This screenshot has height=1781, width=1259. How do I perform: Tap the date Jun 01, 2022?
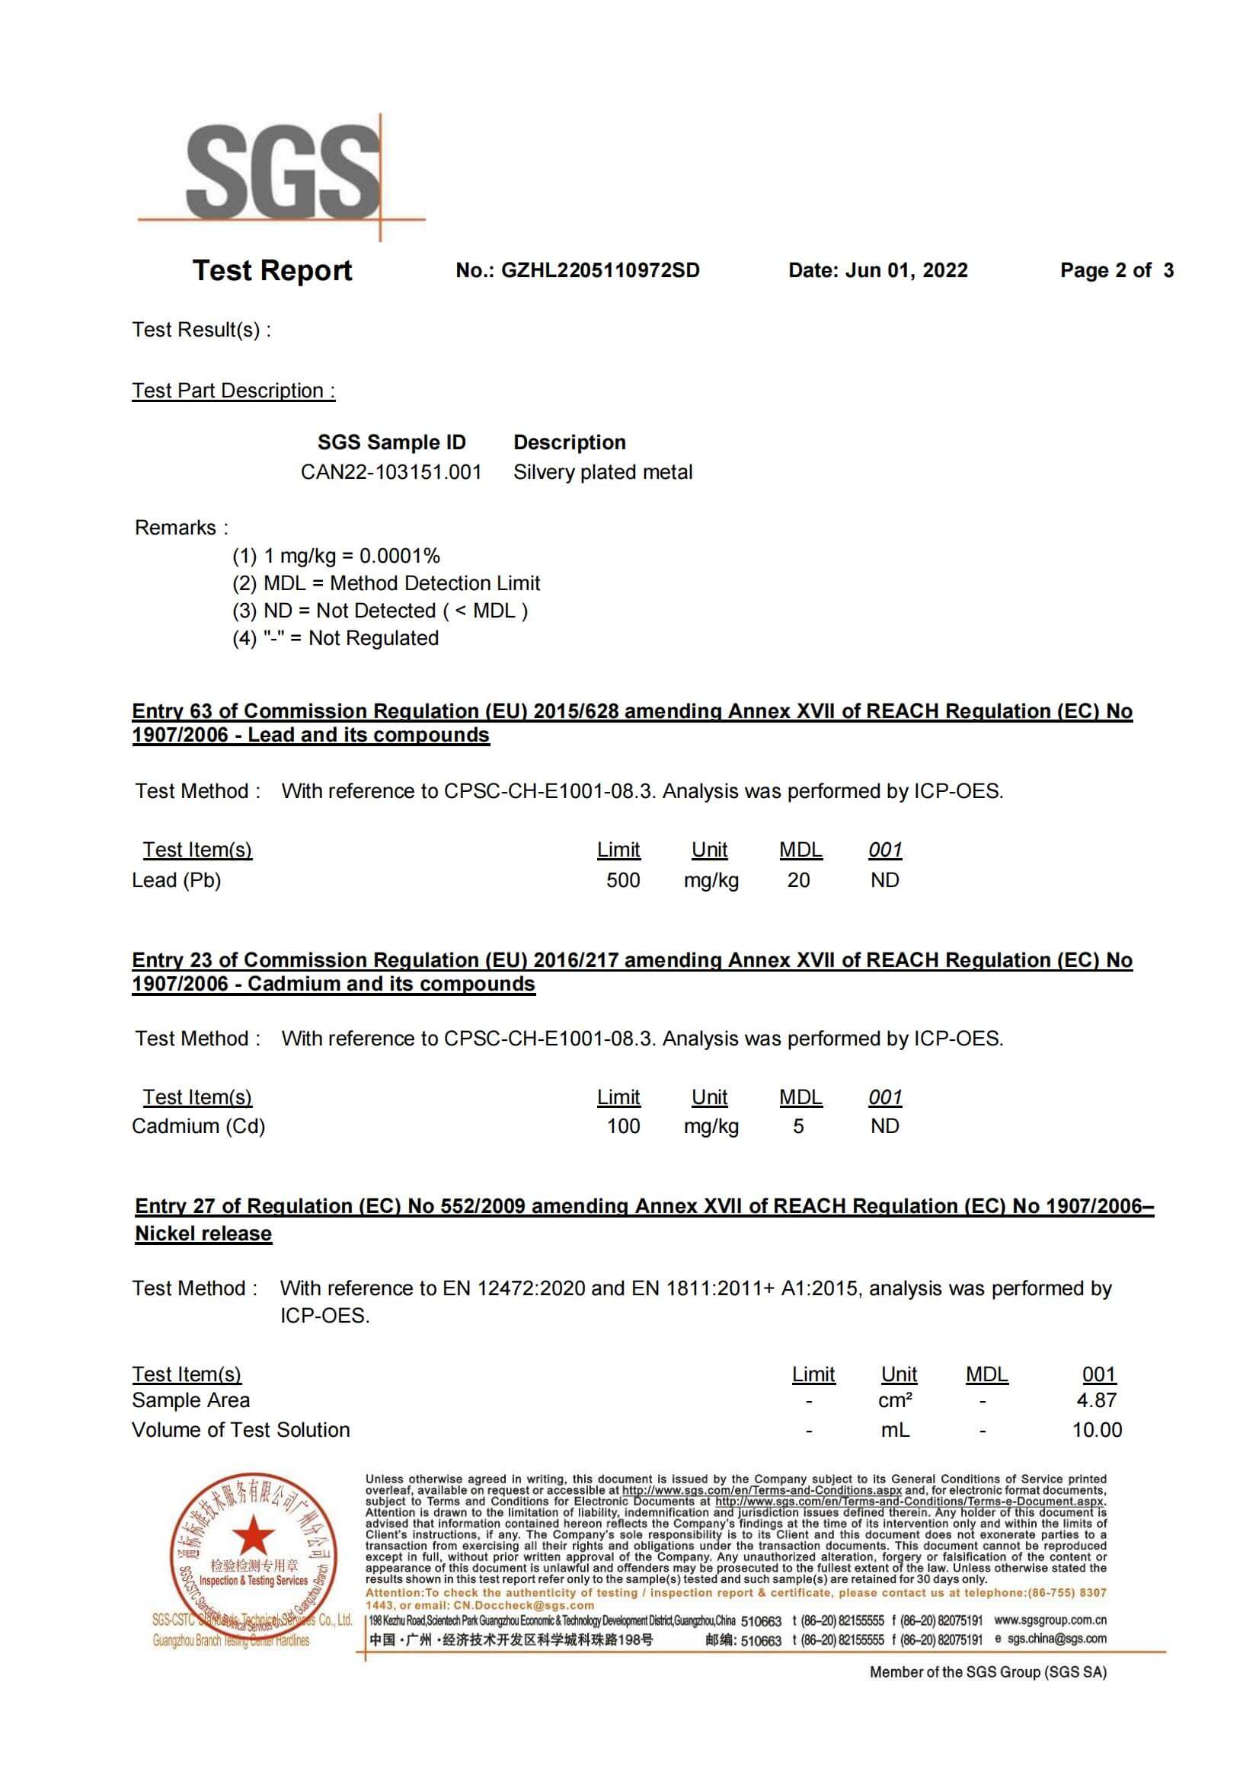tap(906, 271)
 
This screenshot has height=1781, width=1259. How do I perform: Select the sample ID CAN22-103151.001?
tap(391, 472)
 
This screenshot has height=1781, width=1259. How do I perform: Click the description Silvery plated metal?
tap(602, 472)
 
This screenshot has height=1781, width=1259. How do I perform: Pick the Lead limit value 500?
tap(623, 880)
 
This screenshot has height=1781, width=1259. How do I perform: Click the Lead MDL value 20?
tap(798, 880)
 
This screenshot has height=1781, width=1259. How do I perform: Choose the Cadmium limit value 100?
tap(623, 1126)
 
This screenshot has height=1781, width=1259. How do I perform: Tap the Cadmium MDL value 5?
tap(798, 1126)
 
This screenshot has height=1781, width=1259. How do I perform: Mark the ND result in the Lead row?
tap(884, 880)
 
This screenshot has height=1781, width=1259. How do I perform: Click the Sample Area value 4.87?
tap(1096, 1400)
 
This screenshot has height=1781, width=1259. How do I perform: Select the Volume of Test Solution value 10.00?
tap(1096, 1430)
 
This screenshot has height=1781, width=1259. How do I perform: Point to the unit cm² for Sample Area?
tap(895, 1400)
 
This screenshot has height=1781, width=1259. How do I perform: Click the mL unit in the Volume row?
tap(895, 1430)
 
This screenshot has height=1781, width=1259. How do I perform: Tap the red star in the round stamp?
tap(253, 1534)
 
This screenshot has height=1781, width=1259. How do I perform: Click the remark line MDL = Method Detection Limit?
tap(386, 583)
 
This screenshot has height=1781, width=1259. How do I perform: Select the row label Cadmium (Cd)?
tap(199, 1126)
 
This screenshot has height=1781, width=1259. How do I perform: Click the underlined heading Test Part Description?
tap(234, 391)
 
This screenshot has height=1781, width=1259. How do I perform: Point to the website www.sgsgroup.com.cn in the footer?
tap(1050, 1620)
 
